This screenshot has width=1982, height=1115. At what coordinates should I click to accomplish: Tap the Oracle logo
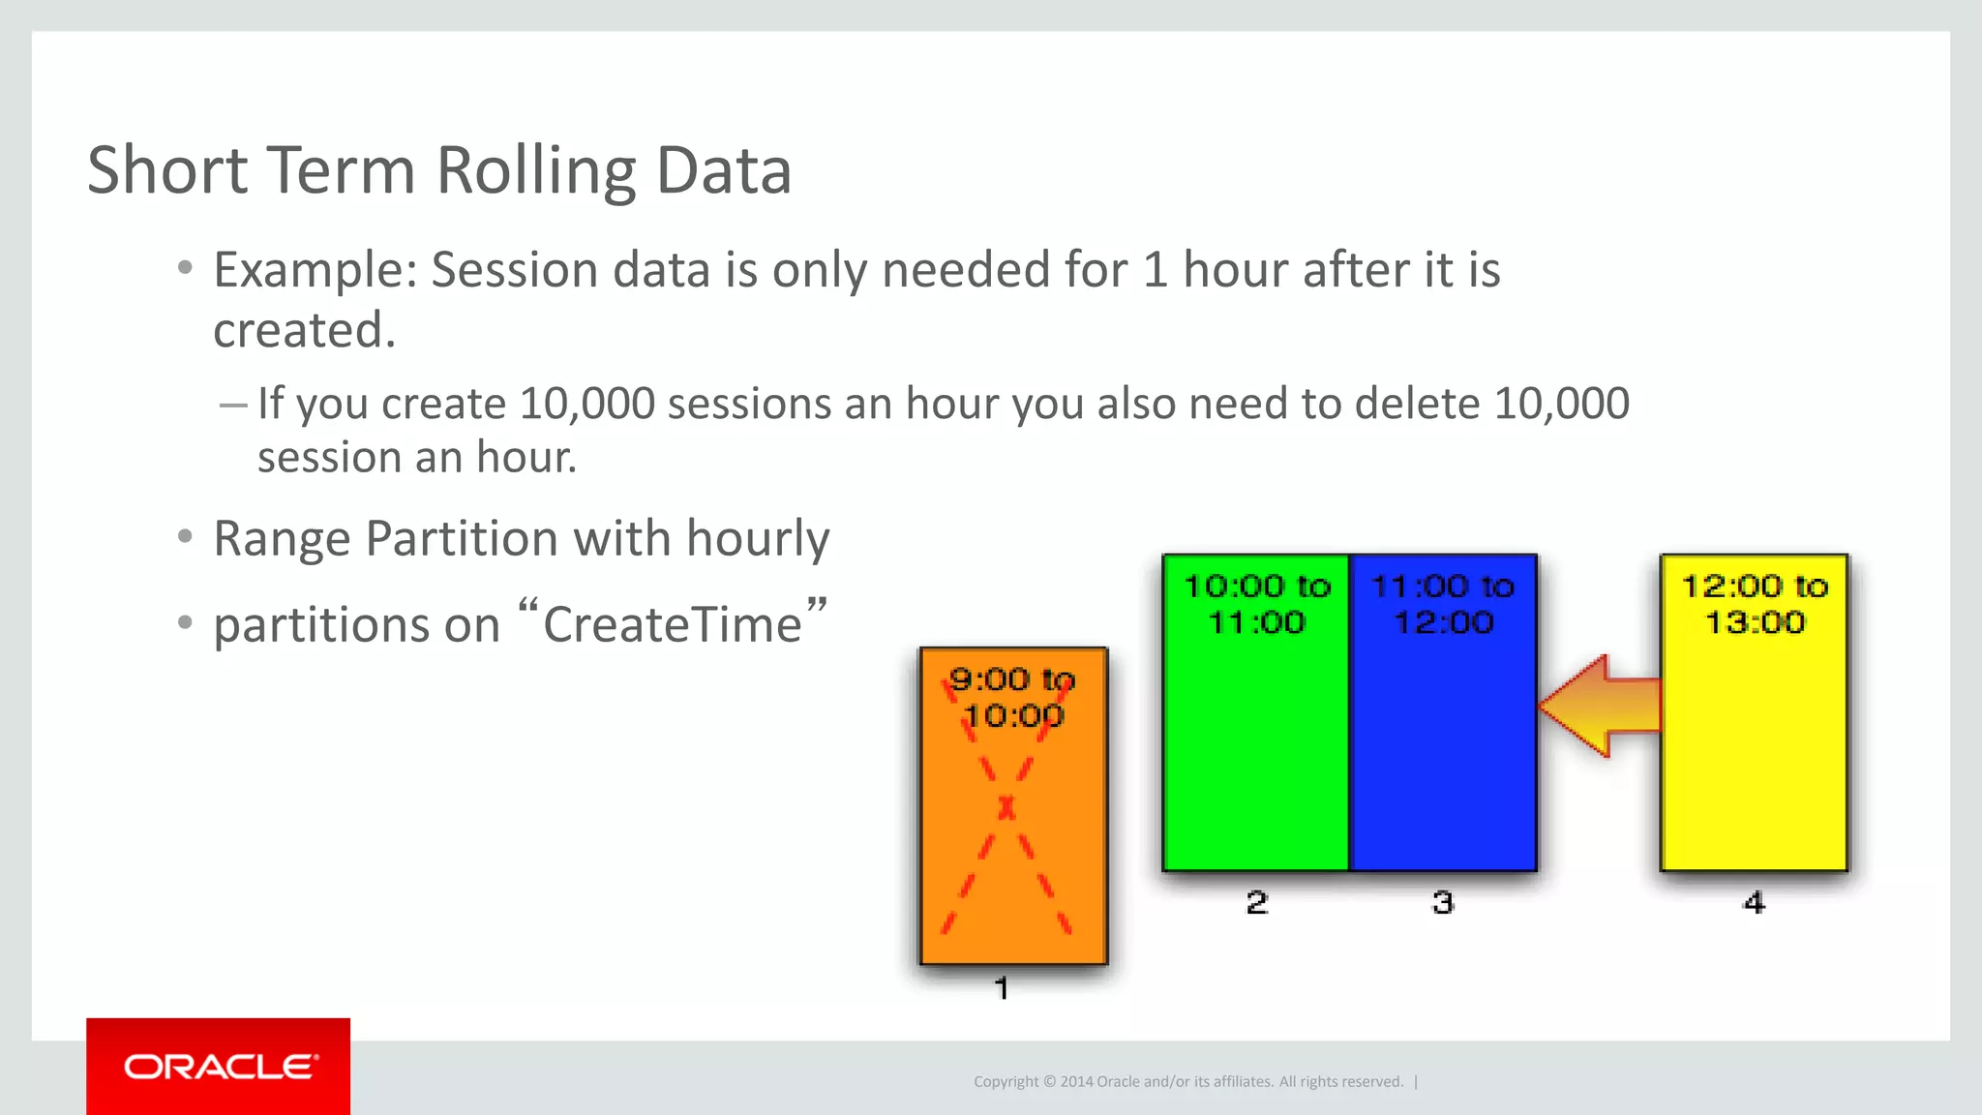219,1067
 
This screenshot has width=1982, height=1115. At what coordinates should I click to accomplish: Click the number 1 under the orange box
1002,988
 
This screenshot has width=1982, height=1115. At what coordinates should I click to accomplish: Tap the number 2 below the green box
1256,903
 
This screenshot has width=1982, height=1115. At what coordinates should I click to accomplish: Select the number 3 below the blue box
1443,903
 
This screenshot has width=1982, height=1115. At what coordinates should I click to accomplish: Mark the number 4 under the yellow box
1754,903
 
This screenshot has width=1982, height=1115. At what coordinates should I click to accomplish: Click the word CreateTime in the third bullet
672,624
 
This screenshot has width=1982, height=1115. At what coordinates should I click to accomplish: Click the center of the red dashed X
1006,806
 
